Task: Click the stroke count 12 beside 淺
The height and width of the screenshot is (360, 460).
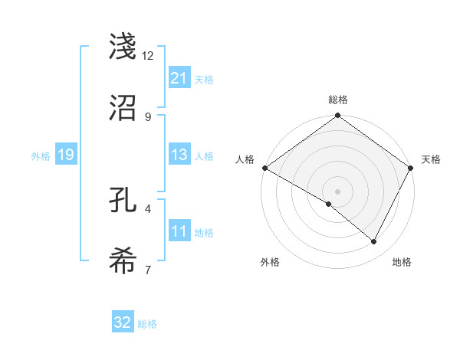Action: pos(148,56)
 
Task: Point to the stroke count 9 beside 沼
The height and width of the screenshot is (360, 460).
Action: pos(148,116)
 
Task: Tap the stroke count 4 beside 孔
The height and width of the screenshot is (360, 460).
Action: pos(148,208)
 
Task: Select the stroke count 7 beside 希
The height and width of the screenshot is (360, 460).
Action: pos(148,269)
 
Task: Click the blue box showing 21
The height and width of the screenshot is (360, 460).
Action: pos(179,78)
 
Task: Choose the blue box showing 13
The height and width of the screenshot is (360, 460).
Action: pos(179,155)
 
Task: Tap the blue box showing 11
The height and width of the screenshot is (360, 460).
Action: pos(179,231)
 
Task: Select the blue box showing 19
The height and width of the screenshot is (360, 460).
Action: pos(65,155)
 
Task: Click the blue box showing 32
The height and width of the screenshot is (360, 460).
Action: pos(123,322)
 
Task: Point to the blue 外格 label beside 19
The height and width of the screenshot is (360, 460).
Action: pos(41,155)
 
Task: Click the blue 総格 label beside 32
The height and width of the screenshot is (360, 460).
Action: pos(147,323)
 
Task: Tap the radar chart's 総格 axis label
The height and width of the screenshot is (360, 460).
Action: pos(337,100)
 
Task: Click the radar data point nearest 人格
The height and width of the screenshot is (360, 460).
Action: pos(264,168)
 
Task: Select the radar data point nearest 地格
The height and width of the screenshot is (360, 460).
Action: pos(374,241)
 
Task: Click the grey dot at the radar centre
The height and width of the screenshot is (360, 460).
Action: pos(337,191)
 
